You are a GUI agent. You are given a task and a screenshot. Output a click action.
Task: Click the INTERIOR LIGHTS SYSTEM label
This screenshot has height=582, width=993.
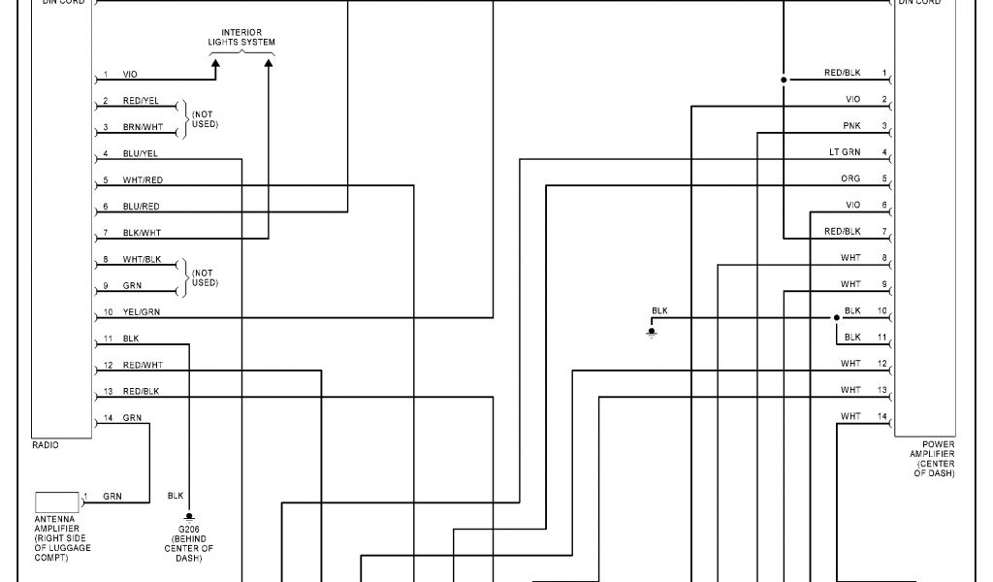pos(241,38)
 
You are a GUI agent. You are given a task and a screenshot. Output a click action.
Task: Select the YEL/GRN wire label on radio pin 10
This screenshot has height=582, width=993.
pos(142,312)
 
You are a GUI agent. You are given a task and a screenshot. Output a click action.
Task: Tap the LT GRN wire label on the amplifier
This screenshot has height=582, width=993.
pos(844,152)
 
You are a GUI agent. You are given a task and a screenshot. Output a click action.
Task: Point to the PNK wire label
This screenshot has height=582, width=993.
pos(851,126)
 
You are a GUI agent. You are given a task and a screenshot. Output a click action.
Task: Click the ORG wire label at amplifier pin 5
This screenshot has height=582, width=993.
pos(850,178)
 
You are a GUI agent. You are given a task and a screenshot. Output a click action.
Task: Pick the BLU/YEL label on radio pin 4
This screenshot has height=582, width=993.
pos(141,153)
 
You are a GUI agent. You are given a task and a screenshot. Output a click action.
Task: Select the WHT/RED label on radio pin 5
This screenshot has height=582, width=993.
pos(143,180)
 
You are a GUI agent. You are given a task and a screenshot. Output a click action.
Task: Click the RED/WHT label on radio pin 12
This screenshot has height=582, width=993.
pos(142,366)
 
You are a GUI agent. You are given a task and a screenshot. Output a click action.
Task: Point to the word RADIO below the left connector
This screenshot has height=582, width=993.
pos(45,445)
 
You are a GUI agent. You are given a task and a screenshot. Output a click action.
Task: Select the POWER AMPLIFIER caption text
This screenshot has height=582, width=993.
pos(931,459)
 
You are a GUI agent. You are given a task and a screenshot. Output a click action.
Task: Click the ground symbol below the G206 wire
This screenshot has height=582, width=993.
pos(191,517)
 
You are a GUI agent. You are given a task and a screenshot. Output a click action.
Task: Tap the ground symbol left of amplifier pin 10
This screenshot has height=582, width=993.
pos(652,332)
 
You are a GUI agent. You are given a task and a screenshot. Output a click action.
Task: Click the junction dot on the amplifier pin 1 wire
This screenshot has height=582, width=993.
pos(783,80)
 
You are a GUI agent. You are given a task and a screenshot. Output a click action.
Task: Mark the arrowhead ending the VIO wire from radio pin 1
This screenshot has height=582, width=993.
pos(215,63)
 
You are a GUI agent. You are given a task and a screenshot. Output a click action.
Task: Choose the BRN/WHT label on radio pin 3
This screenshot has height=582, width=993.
pos(143,127)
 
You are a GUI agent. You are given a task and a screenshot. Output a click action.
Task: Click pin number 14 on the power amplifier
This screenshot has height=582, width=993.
pos(882,416)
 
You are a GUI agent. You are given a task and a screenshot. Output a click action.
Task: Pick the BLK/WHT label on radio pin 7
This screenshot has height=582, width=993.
pos(142,233)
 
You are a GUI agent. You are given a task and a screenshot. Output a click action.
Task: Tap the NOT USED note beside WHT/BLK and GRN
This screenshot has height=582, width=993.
pos(204,277)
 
